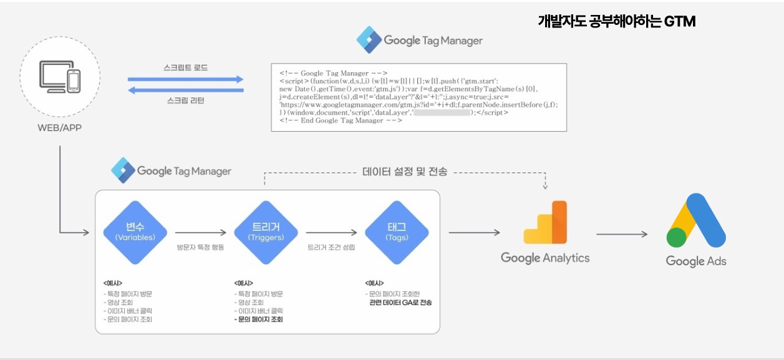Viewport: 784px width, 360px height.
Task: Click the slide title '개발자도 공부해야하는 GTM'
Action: pos(616,21)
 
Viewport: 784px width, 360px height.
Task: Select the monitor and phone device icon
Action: pos(60,76)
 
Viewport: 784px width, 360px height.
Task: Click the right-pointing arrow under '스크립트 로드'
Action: pos(185,79)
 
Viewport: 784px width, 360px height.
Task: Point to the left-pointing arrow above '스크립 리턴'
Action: pos(185,90)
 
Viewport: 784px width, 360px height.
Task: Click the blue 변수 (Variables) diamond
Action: pos(135,232)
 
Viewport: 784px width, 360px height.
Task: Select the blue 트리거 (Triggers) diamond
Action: pos(266,232)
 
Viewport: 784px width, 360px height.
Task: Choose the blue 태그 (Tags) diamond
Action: pos(397,232)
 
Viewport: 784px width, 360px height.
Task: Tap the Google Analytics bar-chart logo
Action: pos(545,222)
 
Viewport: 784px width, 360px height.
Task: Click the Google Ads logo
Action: pos(696,221)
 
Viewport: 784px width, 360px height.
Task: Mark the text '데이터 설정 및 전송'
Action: pos(405,172)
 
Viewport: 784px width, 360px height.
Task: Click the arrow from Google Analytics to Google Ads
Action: pos(622,235)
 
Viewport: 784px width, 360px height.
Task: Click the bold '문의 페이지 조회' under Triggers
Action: pos(260,319)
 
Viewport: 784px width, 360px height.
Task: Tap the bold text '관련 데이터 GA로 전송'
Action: pos(400,303)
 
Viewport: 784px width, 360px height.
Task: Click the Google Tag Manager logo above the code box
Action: pos(420,41)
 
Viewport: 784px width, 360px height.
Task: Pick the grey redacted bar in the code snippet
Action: pos(442,113)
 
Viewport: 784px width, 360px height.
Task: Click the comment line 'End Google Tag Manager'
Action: pos(341,120)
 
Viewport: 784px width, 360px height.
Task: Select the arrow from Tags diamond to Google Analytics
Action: pos(474,233)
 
